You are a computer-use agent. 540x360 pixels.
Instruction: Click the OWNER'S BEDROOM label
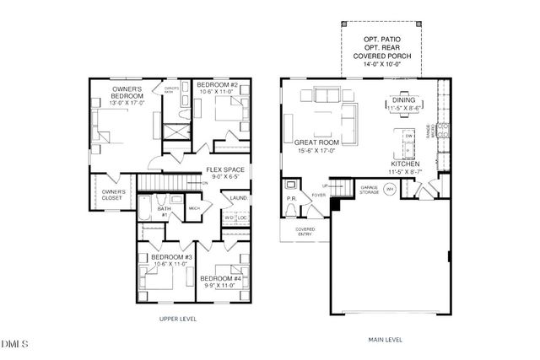point(127,93)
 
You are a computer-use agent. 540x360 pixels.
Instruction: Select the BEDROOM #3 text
point(157,256)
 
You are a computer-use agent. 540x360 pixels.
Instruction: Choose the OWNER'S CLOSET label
point(114,196)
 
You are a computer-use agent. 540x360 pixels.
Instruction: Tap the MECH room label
point(193,207)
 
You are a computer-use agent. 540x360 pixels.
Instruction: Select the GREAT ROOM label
point(317,143)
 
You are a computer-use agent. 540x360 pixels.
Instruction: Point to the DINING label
point(405,101)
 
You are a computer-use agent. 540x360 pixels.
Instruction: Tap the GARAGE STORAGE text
point(368,190)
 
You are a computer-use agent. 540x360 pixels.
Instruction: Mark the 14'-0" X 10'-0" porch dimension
point(388,64)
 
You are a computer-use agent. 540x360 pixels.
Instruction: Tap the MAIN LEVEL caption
point(386,341)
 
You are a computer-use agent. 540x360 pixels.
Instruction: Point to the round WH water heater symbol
point(391,189)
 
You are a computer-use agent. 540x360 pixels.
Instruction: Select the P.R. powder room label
point(290,201)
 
